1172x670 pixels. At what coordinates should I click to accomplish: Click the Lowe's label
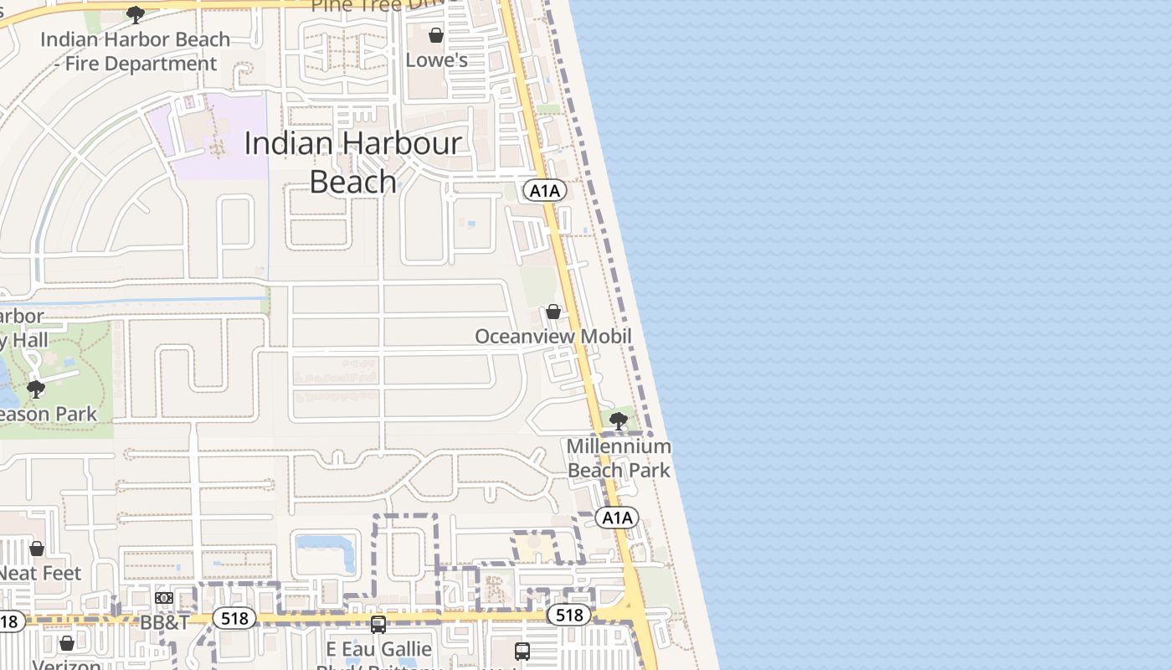(x=435, y=60)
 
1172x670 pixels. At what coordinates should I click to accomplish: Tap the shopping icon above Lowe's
(x=435, y=35)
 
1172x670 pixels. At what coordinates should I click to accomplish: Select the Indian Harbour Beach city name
(x=352, y=162)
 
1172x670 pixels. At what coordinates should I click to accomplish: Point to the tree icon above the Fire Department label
(x=135, y=14)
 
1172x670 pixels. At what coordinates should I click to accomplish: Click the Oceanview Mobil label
(x=553, y=336)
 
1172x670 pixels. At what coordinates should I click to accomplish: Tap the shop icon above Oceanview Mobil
(x=553, y=312)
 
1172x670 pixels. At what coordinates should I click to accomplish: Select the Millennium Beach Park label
(x=619, y=458)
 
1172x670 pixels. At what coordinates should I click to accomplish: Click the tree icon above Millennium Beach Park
(x=619, y=421)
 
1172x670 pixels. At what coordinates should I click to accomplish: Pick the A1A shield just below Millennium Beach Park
(x=617, y=518)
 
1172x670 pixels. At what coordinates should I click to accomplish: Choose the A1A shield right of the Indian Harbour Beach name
(x=545, y=191)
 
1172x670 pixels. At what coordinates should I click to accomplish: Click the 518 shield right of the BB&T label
(x=234, y=618)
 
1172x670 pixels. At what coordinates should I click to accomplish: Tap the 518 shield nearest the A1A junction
(x=569, y=616)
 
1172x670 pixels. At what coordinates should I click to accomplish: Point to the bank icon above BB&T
(x=164, y=598)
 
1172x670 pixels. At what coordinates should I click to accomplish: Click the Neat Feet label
(x=40, y=574)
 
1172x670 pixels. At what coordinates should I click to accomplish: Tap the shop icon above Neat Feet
(x=37, y=549)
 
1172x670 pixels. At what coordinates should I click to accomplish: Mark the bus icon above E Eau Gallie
(x=378, y=624)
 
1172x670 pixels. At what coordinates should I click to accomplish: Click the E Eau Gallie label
(x=379, y=649)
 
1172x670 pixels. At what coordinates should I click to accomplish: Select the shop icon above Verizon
(x=67, y=643)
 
